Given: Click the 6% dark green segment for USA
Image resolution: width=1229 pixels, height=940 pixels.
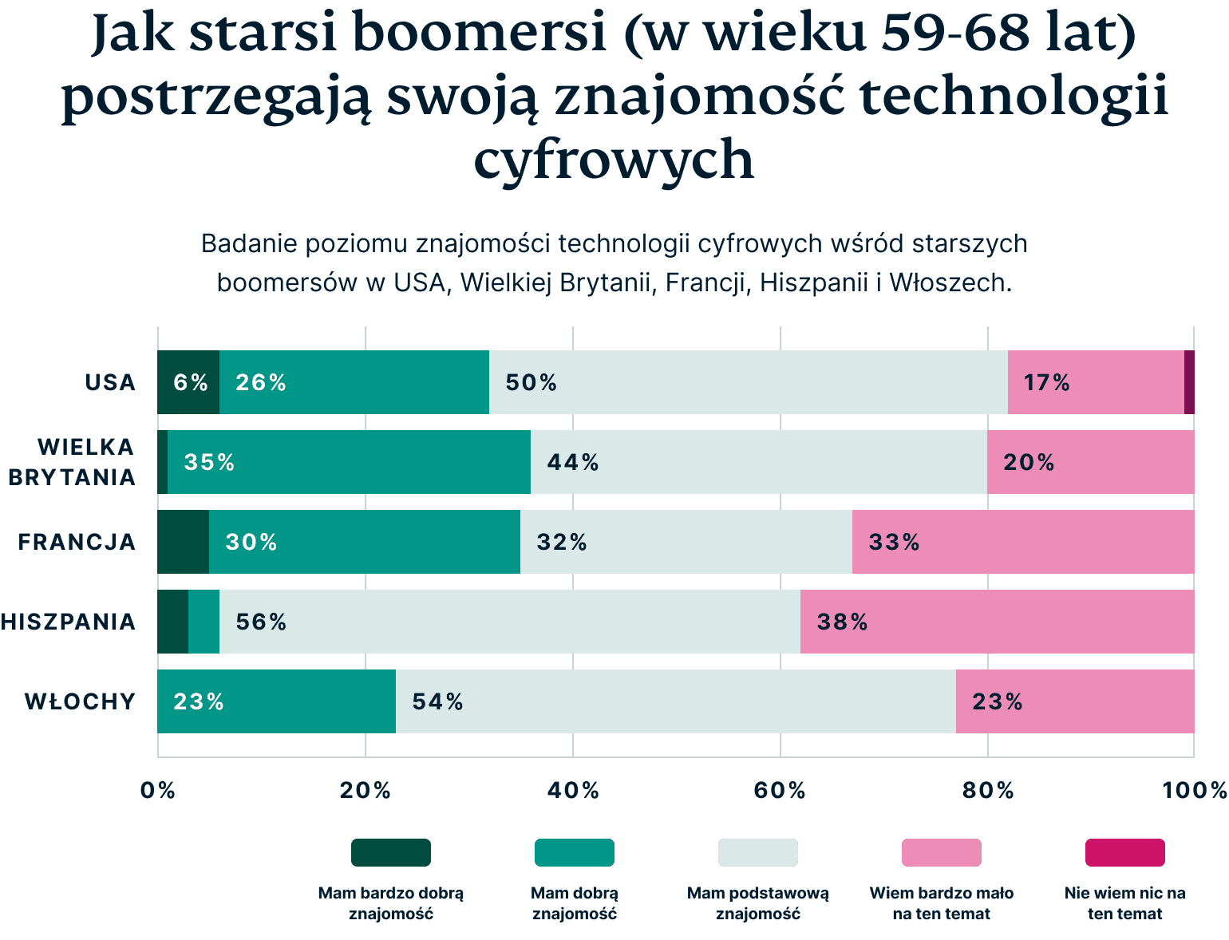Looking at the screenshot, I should [x=188, y=382].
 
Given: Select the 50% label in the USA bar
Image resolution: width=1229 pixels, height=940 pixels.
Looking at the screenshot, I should [x=531, y=383].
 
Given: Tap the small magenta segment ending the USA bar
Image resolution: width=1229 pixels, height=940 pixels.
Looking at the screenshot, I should [x=1189, y=382].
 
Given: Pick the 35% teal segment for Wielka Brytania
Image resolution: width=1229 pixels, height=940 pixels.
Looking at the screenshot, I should [x=349, y=462].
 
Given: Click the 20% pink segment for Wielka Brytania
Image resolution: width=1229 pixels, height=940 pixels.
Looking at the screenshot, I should [x=1090, y=462].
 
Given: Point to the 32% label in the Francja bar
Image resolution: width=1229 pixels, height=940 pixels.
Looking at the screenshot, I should [x=562, y=543].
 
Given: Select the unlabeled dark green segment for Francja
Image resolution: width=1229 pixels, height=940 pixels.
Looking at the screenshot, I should [x=183, y=542].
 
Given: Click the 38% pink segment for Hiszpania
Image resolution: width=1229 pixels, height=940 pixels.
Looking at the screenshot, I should [x=997, y=622].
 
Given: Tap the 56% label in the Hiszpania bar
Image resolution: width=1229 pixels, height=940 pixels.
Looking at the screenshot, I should [x=261, y=622].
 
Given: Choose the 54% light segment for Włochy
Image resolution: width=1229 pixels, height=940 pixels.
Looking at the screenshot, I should [x=675, y=701].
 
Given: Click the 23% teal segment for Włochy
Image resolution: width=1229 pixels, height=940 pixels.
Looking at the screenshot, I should [x=276, y=701].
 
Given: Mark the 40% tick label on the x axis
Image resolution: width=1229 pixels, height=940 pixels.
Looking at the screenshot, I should [x=573, y=790].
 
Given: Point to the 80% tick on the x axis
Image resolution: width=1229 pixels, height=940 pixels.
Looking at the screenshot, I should [x=987, y=790].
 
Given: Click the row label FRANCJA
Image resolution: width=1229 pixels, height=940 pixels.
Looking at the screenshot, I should [x=77, y=542].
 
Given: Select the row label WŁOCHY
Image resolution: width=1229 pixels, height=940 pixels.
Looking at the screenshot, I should [x=80, y=701].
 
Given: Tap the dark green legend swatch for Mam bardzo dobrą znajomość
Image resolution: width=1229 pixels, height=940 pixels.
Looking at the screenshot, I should [x=391, y=852].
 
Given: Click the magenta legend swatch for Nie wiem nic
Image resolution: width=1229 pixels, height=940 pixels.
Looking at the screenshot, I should [x=1124, y=852].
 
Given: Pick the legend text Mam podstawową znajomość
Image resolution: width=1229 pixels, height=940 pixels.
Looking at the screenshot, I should [x=757, y=903].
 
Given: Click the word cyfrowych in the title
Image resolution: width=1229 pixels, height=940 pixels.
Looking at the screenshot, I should [x=614, y=160].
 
